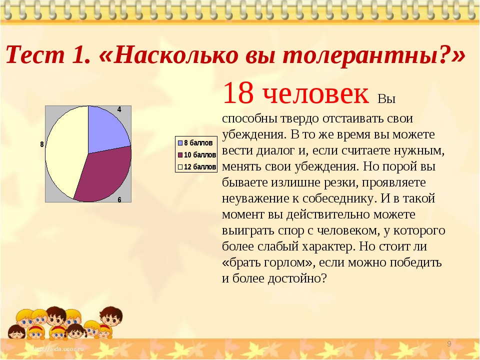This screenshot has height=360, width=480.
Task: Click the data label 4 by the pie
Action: pyautogui.click(x=119, y=109)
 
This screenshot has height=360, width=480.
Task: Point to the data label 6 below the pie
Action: pyautogui.click(x=119, y=200)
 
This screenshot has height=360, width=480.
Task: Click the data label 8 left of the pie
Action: pyautogui.click(x=42, y=144)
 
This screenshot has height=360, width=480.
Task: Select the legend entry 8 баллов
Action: pyautogui.click(x=195, y=143)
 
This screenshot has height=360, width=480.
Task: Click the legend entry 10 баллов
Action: pyautogui.click(x=197, y=155)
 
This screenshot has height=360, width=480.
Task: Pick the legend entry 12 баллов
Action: pyautogui.click(x=197, y=167)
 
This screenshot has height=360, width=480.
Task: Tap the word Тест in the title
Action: pyautogui.click(x=35, y=55)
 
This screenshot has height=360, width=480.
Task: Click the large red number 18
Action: pyautogui.click(x=238, y=93)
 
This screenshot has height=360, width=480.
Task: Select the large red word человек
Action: pyautogui.click(x=315, y=93)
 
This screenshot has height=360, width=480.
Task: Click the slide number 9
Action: pyautogui.click(x=449, y=344)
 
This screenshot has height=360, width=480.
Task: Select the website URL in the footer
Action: pyautogui.click(x=57, y=348)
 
